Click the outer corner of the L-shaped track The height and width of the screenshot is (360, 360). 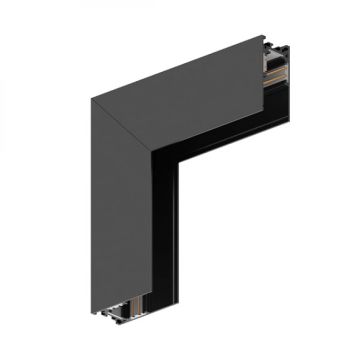click(92, 99)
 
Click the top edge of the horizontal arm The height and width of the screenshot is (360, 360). click(180, 68)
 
